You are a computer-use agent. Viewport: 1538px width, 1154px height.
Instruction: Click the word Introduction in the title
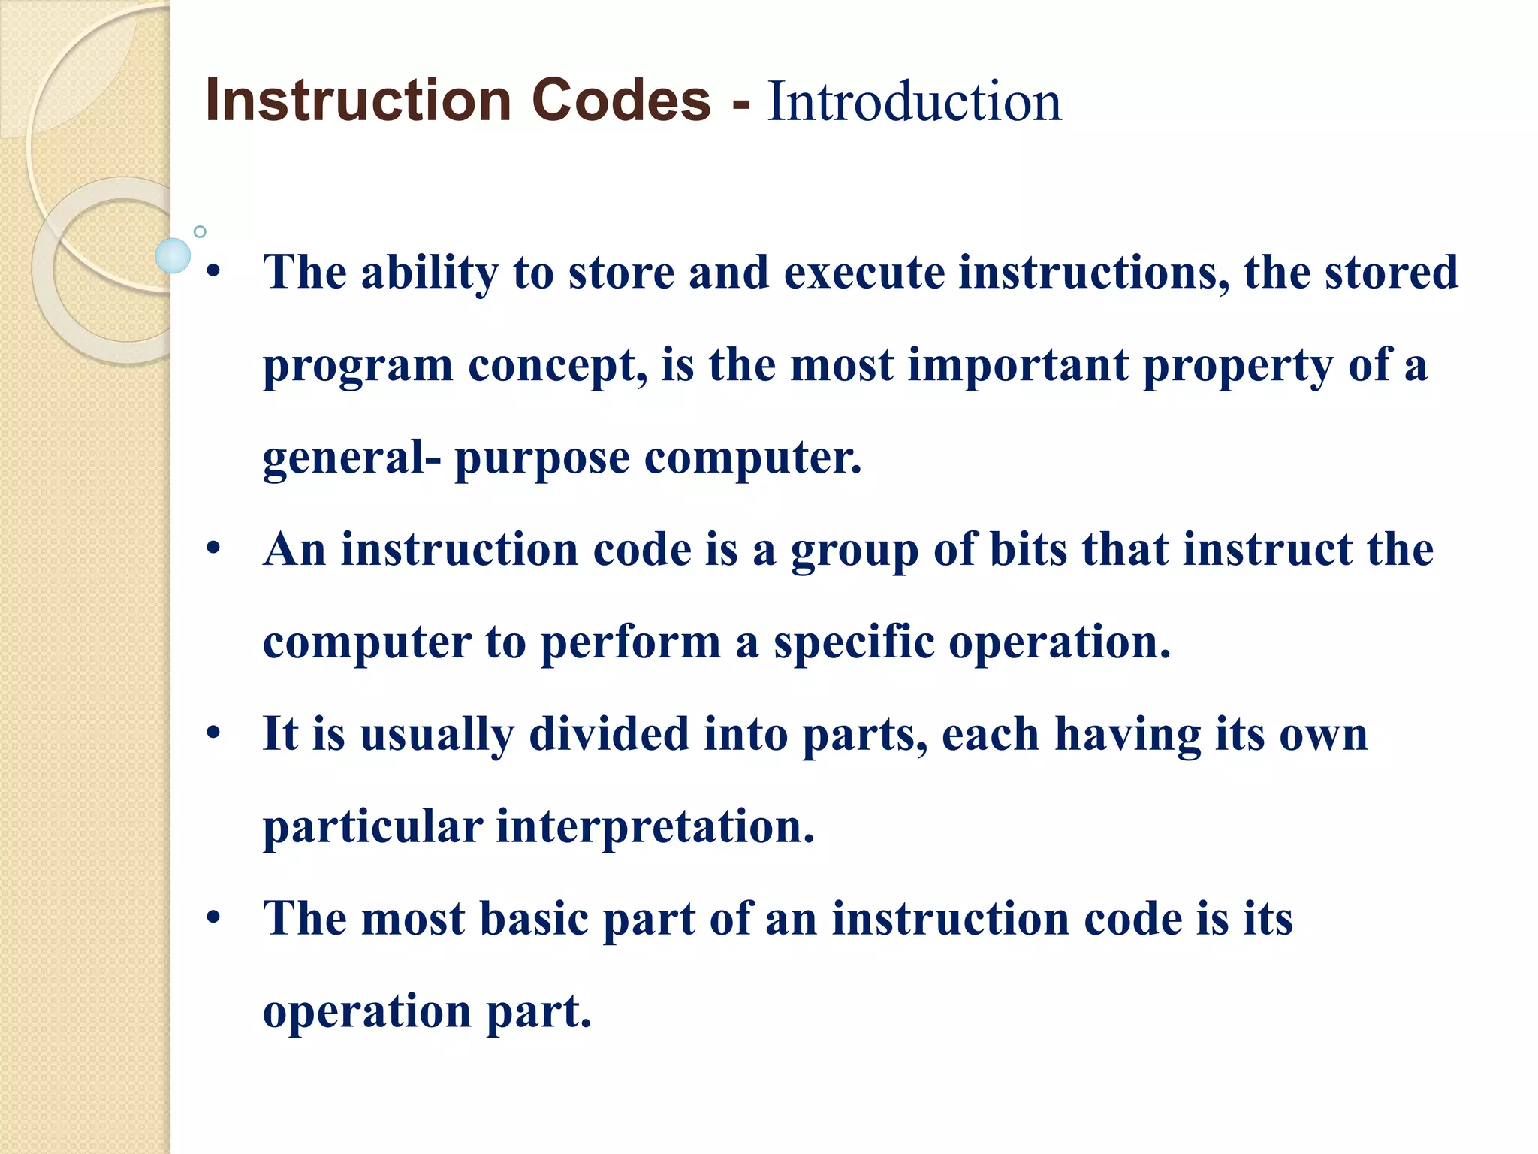[x=914, y=101]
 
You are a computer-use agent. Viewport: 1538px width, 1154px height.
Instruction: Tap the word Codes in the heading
[x=621, y=100]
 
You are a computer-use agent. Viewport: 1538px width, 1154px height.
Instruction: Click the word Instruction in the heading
[x=358, y=100]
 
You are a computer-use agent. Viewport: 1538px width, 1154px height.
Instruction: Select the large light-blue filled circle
[x=173, y=255]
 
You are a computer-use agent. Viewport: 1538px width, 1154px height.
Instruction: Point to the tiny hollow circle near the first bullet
[x=200, y=231]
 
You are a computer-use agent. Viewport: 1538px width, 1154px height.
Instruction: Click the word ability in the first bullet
[x=430, y=272]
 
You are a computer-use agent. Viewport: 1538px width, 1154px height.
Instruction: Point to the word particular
[x=372, y=827]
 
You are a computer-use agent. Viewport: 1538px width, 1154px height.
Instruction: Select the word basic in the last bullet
[x=534, y=919]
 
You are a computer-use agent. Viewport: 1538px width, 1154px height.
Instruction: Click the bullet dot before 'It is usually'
[x=214, y=732]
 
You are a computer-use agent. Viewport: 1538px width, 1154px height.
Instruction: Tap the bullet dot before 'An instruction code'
[x=214, y=548]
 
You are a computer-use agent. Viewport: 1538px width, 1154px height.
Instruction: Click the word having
[x=1128, y=736]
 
